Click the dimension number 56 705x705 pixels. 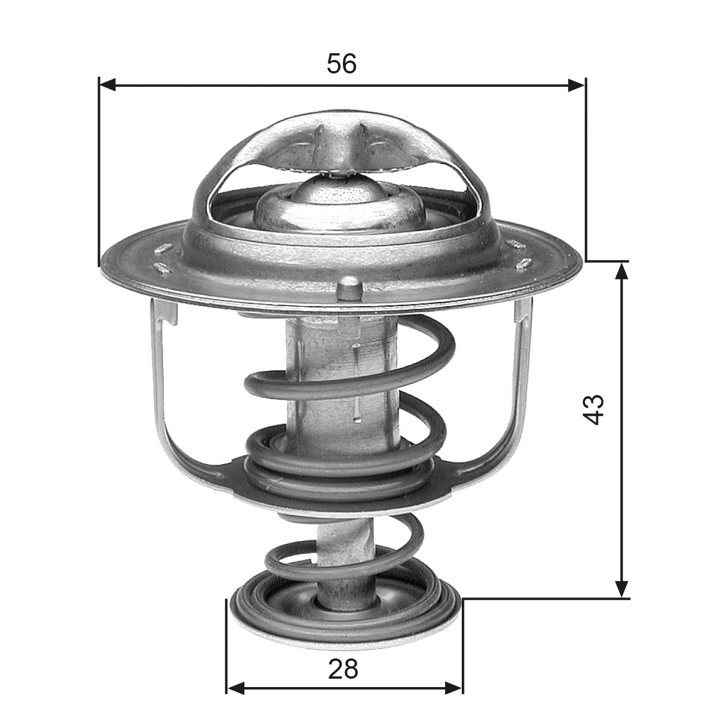point(341,64)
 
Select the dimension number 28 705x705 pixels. point(343,669)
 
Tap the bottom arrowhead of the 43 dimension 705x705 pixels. point(621,588)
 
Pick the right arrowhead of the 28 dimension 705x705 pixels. point(454,687)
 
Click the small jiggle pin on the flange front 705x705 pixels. point(350,287)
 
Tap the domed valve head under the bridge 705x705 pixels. point(338,205)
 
